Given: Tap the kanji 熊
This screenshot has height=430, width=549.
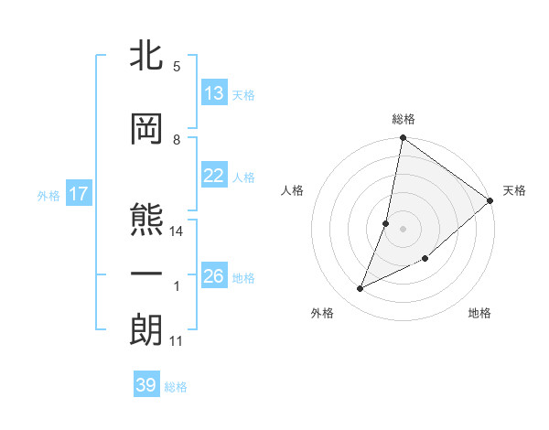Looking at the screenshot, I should point(146,220).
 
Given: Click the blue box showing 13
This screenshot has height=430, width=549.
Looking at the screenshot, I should point(214,93).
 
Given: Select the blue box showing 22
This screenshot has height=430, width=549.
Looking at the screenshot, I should point(214,177).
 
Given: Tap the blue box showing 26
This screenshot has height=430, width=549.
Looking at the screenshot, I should point(214,276).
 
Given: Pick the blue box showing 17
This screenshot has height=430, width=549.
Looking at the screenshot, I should point(78,195).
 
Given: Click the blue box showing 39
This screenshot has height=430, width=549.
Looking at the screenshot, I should point(145,385).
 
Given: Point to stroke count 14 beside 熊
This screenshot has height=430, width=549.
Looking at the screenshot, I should point(178,231).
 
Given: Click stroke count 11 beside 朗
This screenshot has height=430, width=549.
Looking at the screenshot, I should point(177,341).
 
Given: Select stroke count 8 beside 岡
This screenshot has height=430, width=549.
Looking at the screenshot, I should point(177,140).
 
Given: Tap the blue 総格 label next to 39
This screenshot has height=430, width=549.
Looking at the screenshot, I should point(176,387).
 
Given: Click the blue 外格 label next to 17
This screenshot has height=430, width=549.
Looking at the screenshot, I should point(48,196).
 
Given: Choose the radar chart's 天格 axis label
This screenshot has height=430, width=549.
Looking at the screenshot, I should point(514,190).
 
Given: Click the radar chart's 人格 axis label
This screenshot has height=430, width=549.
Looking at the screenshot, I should point(293,190).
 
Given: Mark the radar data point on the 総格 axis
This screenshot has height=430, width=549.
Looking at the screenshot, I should point(403,139).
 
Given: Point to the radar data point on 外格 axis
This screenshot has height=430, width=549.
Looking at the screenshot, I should point(361,289).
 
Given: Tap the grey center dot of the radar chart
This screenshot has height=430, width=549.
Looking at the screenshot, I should point(403,228).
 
